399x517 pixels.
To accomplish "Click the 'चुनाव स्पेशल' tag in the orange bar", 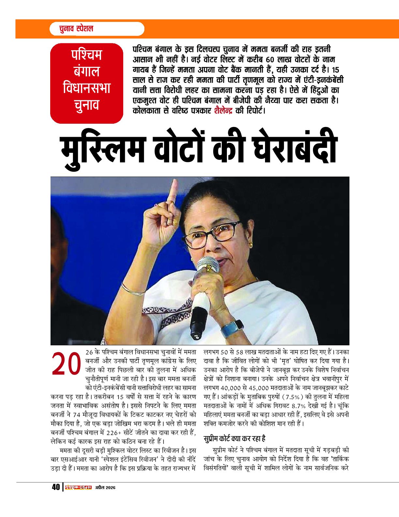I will [x=76, y=28].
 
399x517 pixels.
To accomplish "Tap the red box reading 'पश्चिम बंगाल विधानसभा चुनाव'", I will [x=87, y=83].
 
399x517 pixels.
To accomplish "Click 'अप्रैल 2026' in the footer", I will [x=105, y=488].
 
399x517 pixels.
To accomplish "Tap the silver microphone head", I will [x=208, y=264].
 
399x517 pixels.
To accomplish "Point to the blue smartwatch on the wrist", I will [x=232, y=328].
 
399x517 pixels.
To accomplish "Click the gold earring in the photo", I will [x=251, y=244].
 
